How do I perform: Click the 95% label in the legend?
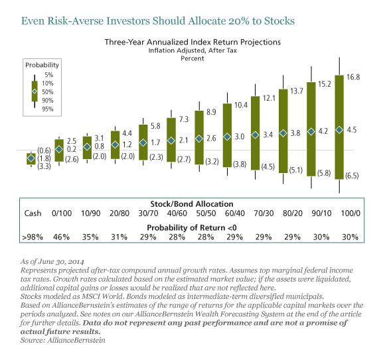click(48, 109)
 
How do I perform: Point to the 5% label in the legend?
click(49, 76)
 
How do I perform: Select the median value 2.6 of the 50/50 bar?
click(212, 138)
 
